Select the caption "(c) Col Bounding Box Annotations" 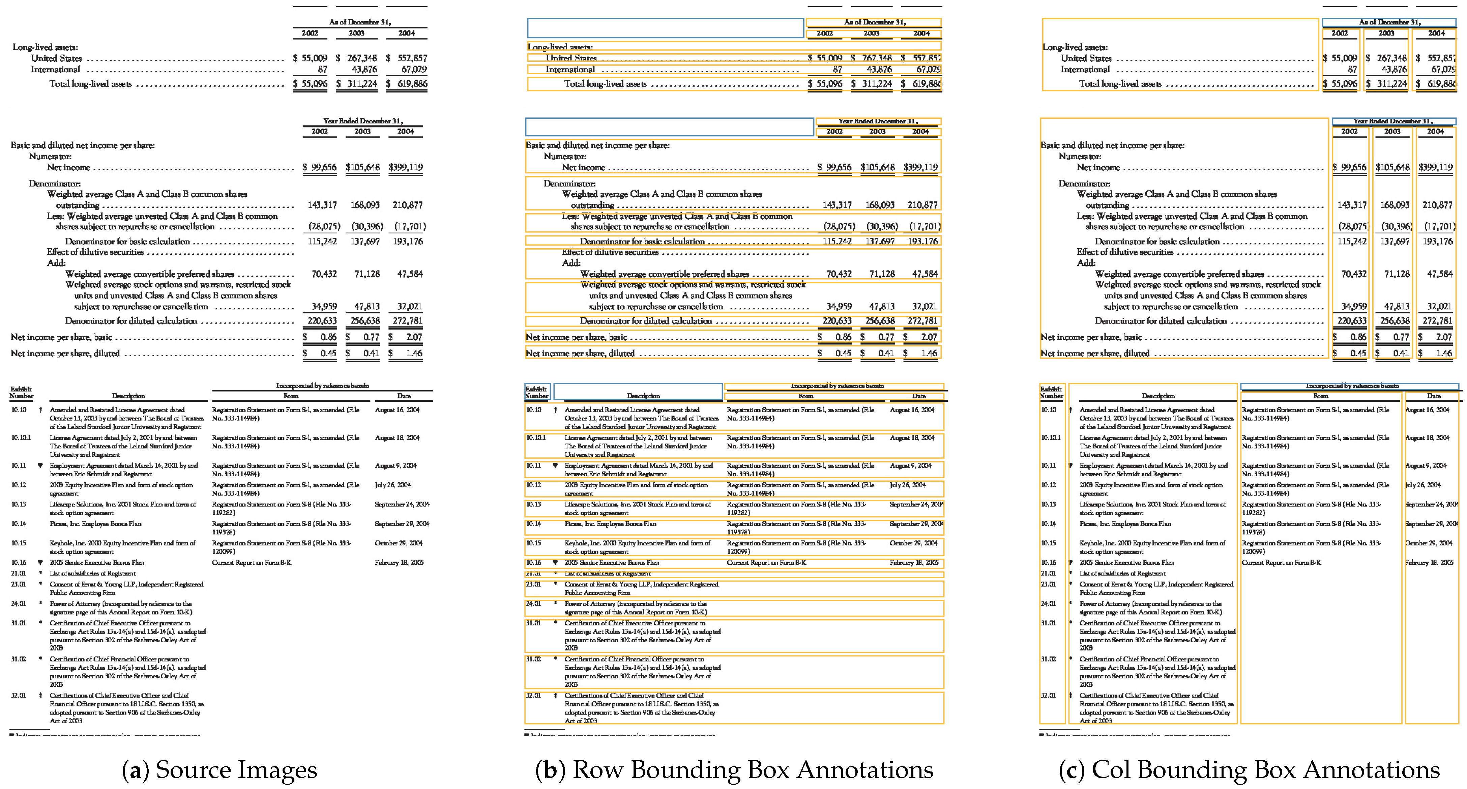point(1249,770)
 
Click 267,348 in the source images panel point(362,58)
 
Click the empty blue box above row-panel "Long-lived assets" point(665,28)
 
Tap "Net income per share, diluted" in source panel point(65,353)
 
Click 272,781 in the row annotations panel point(922,321)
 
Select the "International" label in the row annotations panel point(570,69)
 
